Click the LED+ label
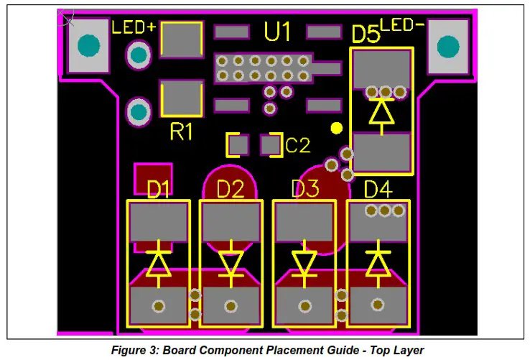[x=134, y=28]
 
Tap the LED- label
[x=405, y=25]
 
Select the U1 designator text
[x=277, y=32]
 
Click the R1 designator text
[x=181, y=131]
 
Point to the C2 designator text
[x=298, y=146]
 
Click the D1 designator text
[x=159, y=190]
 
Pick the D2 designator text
[x=231, y=190]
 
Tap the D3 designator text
[x=304, y=190]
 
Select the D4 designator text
[x=378, y=190]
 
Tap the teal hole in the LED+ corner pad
[x=88, y=46]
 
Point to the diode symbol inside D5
[x=381, y=112]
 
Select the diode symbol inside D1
[x=158, y=263]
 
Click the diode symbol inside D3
[x=304, y=263]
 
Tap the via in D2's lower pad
[x=231, y=305]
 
